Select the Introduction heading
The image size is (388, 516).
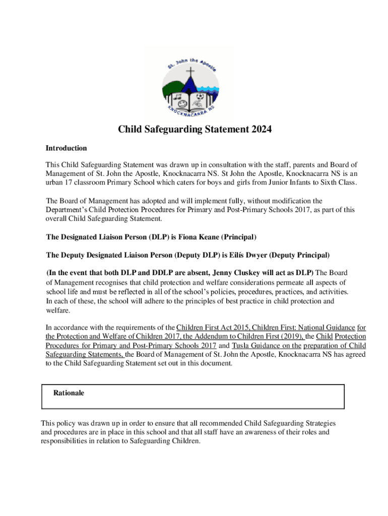(66, 148)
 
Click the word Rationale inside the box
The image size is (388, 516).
(69, 393)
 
